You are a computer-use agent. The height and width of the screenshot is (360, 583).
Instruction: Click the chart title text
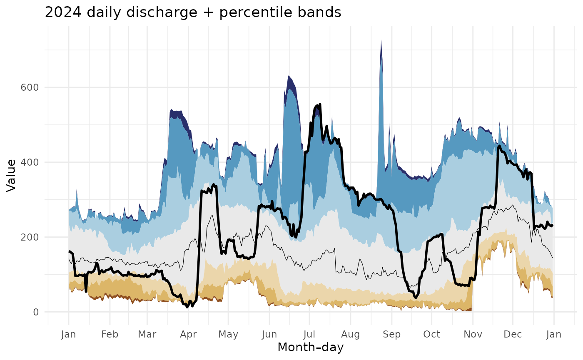tap(193, 12)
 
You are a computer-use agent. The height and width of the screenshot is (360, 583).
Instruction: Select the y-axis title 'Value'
tap(11, 175)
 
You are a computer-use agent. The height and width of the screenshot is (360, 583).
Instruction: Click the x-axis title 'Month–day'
tap(311, 347)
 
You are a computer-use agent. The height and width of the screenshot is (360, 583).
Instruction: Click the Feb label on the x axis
tap(110, 334)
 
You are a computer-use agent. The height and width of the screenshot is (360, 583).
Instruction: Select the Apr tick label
tap(188, 334)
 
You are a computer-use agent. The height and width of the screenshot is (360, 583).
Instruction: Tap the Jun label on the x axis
tap(269, 334)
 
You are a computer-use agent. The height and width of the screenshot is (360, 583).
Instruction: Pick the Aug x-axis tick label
tap(350, 334)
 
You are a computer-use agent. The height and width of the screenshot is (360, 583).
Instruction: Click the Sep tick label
tap(391, 334)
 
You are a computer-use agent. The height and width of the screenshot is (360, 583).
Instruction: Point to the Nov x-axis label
tap(472, 334)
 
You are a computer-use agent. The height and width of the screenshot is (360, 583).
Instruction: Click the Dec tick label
tap(512, 334)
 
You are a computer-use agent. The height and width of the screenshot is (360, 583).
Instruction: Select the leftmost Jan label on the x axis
tap(69, 334)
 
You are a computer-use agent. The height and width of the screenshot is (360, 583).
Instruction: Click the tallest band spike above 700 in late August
tap(381, 42)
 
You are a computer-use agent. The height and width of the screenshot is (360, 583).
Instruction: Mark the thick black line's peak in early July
tap(319, 104)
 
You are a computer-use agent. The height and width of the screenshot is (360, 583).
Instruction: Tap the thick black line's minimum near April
tap(187, 307)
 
